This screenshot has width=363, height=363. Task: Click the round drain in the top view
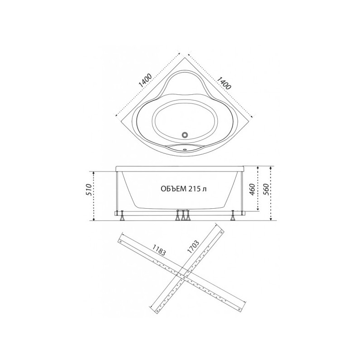(x=185, y=135)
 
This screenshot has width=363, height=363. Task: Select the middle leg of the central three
(x=183, y=217)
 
